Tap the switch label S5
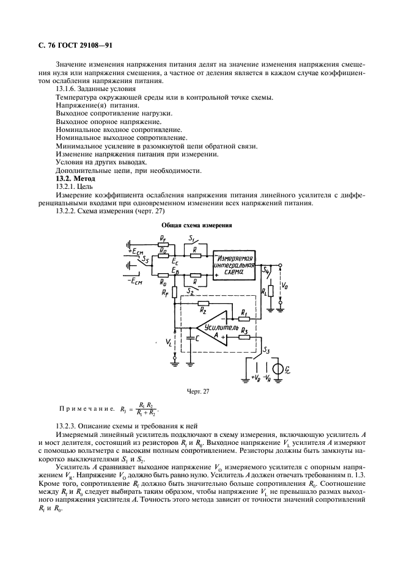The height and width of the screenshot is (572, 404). (x=145, y=260)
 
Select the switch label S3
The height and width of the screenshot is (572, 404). (x=266, y=350)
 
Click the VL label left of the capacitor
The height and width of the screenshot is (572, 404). (x=169, y=343)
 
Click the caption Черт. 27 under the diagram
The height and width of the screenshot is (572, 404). (x=202, y=392)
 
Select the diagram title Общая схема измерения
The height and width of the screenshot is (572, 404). (x=201, y=225)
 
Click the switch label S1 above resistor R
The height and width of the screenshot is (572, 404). (x=192, y=237)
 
